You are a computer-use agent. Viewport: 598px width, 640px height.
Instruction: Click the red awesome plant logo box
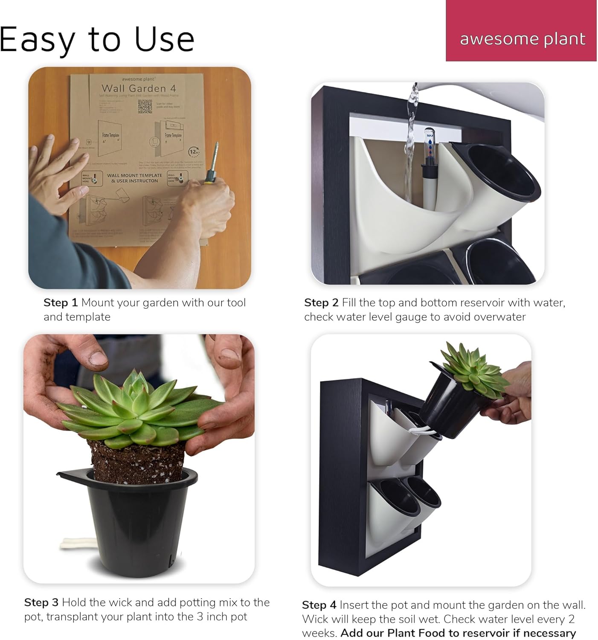tap(521, 31)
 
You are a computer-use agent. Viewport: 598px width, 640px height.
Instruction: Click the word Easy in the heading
tap(36, 40)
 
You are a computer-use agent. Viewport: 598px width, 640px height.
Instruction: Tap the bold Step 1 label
tap(61, 303)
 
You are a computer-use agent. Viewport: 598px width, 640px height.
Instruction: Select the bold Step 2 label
tap(321, 303)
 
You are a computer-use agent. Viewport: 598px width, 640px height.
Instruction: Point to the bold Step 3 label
tap(41, 602)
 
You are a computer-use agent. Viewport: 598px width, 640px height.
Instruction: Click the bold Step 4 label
tap(319, 605)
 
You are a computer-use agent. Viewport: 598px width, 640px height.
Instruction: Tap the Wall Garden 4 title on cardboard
tap(139, 88)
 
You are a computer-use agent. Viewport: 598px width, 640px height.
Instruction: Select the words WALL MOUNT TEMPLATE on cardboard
tap(134, 175)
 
